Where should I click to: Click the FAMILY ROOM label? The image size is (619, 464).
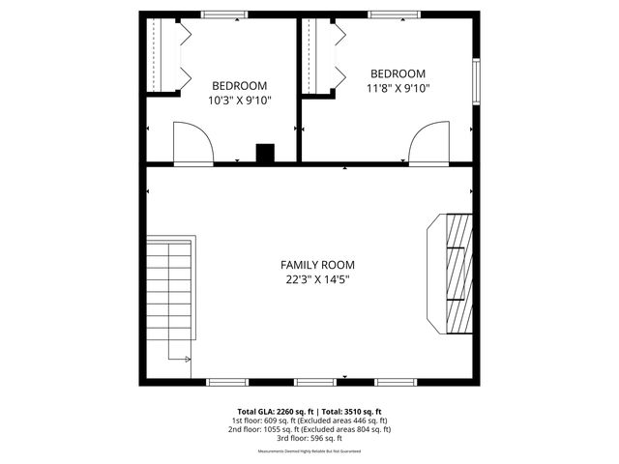tap(317, 265)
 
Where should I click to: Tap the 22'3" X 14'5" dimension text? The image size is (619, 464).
tap(317, 280)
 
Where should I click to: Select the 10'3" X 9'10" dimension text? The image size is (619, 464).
tap(239, 100)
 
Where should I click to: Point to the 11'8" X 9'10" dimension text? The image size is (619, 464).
tap(398, 88)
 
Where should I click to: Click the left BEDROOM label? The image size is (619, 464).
tap(239, 85)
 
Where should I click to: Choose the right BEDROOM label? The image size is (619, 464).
tap(398, 73)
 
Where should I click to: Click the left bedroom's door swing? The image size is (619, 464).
tap(192, 144)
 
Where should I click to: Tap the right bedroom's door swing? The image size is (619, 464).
tap(427, 144)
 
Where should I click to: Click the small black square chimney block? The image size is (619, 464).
tap(265, 153)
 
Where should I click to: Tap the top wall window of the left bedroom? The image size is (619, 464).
tap(223, 14)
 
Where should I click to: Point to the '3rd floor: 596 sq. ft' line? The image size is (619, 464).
tap(309, 437)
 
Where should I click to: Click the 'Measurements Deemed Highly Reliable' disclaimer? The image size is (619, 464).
tap(309, 451)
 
